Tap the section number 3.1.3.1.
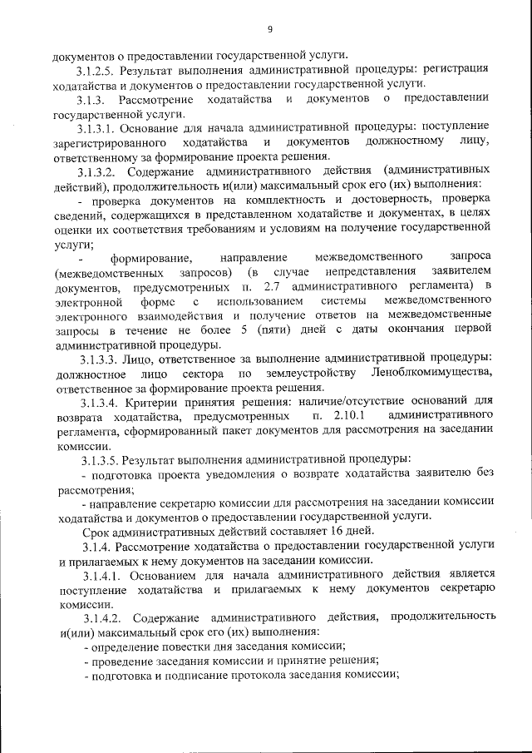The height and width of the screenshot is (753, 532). pos(96,127)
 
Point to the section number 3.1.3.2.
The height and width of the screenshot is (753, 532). pos(96,171)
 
